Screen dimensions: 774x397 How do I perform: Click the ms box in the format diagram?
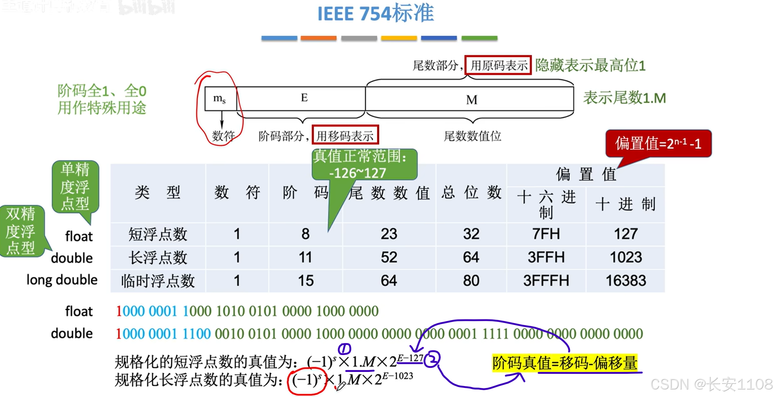click(220, 99)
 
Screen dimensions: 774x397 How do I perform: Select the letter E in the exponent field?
click(304, 98)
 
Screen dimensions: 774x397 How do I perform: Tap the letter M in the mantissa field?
click(471, 100)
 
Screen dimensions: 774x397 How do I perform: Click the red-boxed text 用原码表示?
click(498, 65)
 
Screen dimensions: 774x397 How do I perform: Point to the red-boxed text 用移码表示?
click(345, 136)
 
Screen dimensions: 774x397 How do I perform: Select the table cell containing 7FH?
click(546, 234)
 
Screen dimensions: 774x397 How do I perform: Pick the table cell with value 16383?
click(626, 280)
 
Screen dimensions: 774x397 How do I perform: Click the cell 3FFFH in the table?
click(546, 280)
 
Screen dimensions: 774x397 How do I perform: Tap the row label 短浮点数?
click(158, 234)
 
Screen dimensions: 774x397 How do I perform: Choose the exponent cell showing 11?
click(305, 257)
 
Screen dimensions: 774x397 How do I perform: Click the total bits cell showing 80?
click(471, 280)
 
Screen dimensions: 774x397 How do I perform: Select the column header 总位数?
click(471, 192)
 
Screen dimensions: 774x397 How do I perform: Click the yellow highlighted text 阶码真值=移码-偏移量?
click(565, 363)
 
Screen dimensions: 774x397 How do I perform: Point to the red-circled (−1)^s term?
click(307, 380)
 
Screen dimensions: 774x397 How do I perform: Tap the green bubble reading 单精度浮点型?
click(75, 186)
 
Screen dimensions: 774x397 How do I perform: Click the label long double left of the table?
click(62, 280)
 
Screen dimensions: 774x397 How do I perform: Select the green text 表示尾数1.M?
click(624, 98)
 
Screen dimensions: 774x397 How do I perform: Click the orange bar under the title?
click(318, 38)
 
